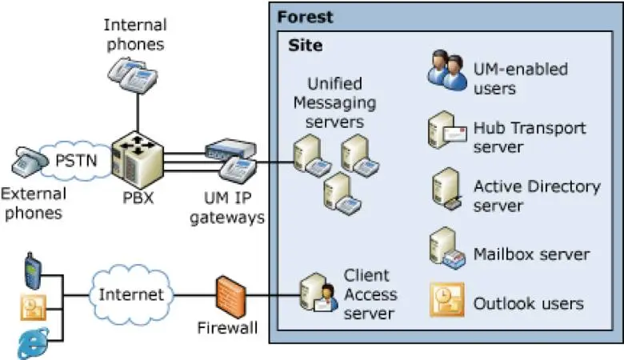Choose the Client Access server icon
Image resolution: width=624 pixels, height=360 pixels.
point(317,294)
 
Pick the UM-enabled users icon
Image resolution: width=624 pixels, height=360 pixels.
point(447,71)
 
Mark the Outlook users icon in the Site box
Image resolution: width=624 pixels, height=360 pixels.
point(446,301)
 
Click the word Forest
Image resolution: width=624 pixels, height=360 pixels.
point(306,17)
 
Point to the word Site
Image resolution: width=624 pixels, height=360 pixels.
point(306,46)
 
